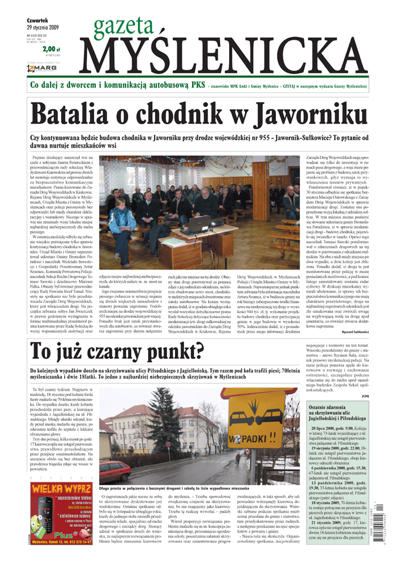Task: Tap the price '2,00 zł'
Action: click(51, 50)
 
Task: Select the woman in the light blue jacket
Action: click(123, 216)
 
